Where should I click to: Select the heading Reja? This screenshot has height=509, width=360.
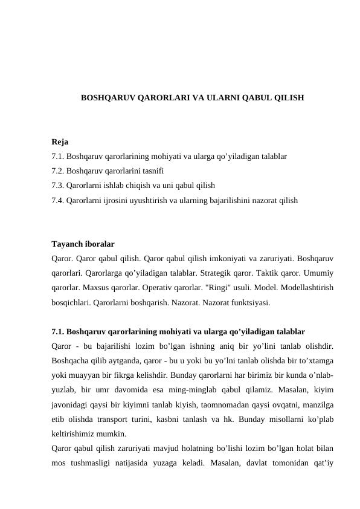tap(60, 143)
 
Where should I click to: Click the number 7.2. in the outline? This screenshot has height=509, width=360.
tap(59, 170)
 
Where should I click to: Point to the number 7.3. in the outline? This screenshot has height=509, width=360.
tap(59, 185)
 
